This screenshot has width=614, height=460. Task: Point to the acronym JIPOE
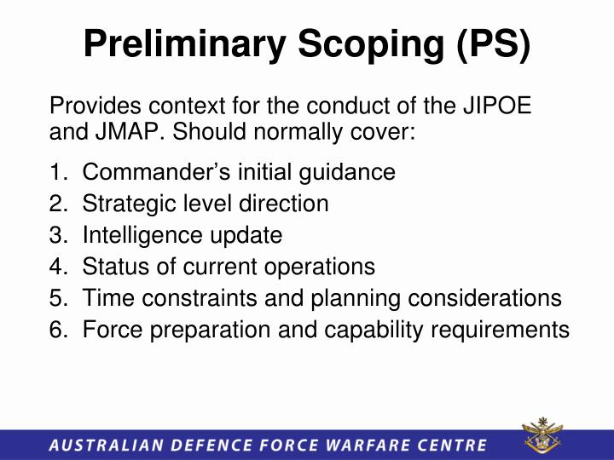click(x=498, y=110)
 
